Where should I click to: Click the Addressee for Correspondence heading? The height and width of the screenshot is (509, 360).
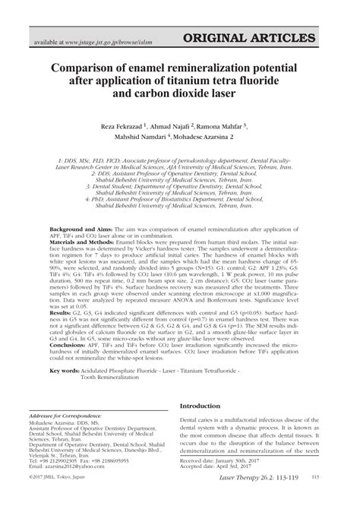[73, 418]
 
